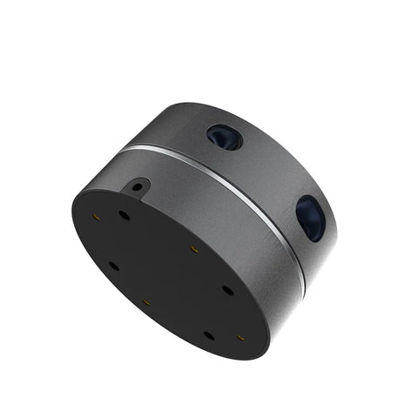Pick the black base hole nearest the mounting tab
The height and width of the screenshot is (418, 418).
pos(125,214)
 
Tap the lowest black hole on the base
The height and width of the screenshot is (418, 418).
pos(209,334)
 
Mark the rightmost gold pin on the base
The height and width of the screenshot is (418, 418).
pos(240,334)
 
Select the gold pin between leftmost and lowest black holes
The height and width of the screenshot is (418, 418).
pos(145,304)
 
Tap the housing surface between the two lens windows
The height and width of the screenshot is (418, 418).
pos(266,170)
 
